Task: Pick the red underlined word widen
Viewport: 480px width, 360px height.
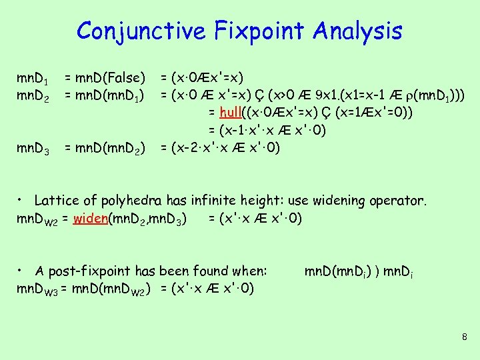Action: (x=92, y=218)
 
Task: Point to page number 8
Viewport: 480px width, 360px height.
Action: (x=464, y=337)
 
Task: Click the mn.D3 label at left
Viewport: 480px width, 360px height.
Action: (x=32, y=147)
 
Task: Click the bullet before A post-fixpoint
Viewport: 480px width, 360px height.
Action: (x=21, y=271)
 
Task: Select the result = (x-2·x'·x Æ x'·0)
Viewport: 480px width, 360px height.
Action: (x=226, y=147)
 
